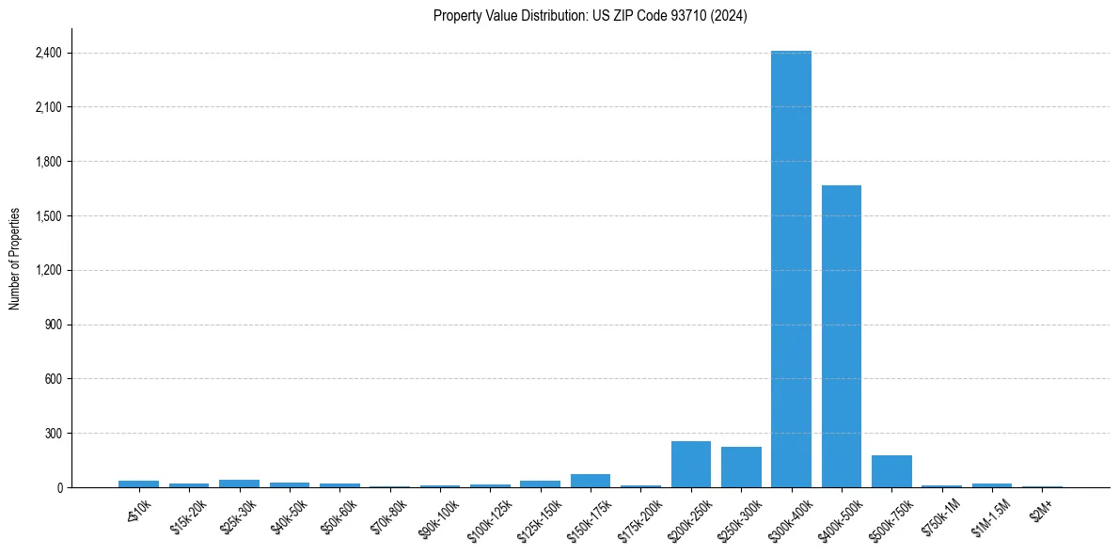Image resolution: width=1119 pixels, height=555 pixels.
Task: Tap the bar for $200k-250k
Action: tap(690, 464)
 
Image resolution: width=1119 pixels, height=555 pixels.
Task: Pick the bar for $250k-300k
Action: tap(741, 467)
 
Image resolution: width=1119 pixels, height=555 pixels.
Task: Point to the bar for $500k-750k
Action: tap(891, 471)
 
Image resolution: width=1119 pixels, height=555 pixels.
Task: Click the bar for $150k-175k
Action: tap(590, 481)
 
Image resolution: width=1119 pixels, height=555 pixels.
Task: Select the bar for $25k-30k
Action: tap(239, 484)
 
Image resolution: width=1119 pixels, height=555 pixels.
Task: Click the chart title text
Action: tap(590, 16)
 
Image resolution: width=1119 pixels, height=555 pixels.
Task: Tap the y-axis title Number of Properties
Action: tap(15, 258)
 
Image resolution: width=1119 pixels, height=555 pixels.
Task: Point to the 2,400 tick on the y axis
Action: tap(45, 53)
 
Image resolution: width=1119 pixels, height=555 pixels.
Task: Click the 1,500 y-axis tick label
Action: tap(45, 216)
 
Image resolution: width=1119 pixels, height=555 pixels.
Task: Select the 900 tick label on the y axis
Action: tap(52, 325)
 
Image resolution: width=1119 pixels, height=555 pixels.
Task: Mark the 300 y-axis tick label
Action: tap(52, 434)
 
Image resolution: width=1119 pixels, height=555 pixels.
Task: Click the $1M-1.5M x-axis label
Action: tap(989, 517)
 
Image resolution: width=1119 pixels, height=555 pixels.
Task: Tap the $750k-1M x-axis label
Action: tap(940, 516)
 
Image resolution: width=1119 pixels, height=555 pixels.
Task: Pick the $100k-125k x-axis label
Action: tap(489, 518)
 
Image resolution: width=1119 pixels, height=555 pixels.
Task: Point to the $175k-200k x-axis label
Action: tap(639, 518)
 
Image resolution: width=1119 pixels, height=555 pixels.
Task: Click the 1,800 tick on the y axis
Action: tap(45, 162)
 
